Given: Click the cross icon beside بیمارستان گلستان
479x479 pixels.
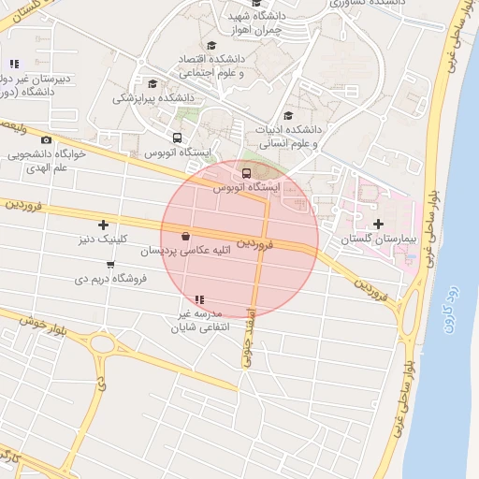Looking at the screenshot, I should point(378,224).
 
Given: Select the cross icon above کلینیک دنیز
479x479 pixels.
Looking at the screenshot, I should point(103,225).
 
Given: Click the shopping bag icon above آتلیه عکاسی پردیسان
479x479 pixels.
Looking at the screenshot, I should point(185,236).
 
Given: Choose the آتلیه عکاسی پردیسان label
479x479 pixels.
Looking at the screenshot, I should point(185,251).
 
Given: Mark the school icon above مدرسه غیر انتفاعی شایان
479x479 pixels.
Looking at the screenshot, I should point(198,299).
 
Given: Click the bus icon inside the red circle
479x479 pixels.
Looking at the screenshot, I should point(246,173).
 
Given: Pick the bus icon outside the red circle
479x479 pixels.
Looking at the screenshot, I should point(178,138).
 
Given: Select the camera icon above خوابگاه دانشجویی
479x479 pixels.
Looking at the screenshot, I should point(48,139).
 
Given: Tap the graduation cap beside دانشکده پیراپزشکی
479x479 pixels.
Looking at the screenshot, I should point(152,84).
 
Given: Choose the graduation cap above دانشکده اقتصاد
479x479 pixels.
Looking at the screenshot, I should point(211,45).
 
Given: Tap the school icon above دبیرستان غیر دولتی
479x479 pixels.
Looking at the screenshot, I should point(14,64).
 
